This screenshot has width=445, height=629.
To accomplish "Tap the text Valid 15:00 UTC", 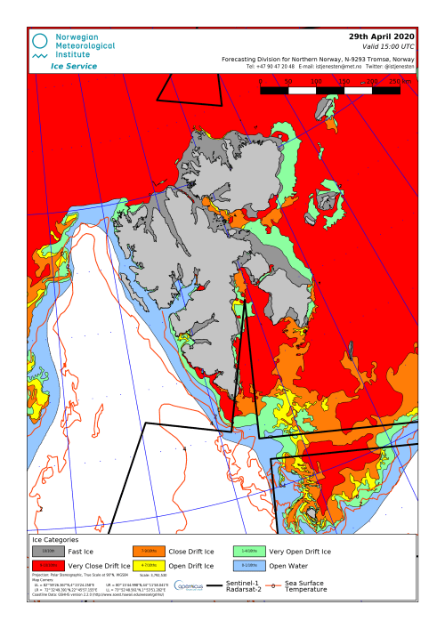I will [386, 46].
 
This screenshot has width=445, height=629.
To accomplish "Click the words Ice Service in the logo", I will [75, 66].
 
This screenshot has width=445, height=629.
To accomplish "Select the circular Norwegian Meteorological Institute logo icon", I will [40, 41].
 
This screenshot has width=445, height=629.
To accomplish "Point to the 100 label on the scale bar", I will [316, 81].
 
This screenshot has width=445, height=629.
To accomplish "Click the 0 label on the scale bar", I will [261, 81].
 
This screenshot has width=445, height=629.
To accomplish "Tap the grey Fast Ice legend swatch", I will [48, 552].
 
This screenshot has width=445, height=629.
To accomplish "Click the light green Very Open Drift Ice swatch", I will [250, 552].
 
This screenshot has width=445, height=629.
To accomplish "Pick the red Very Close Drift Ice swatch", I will [48, 566].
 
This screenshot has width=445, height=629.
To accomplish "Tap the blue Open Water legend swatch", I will [250, 566].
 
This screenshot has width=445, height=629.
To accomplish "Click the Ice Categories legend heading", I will [55, 539].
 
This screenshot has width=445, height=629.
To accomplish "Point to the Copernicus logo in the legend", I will [189, 586].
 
